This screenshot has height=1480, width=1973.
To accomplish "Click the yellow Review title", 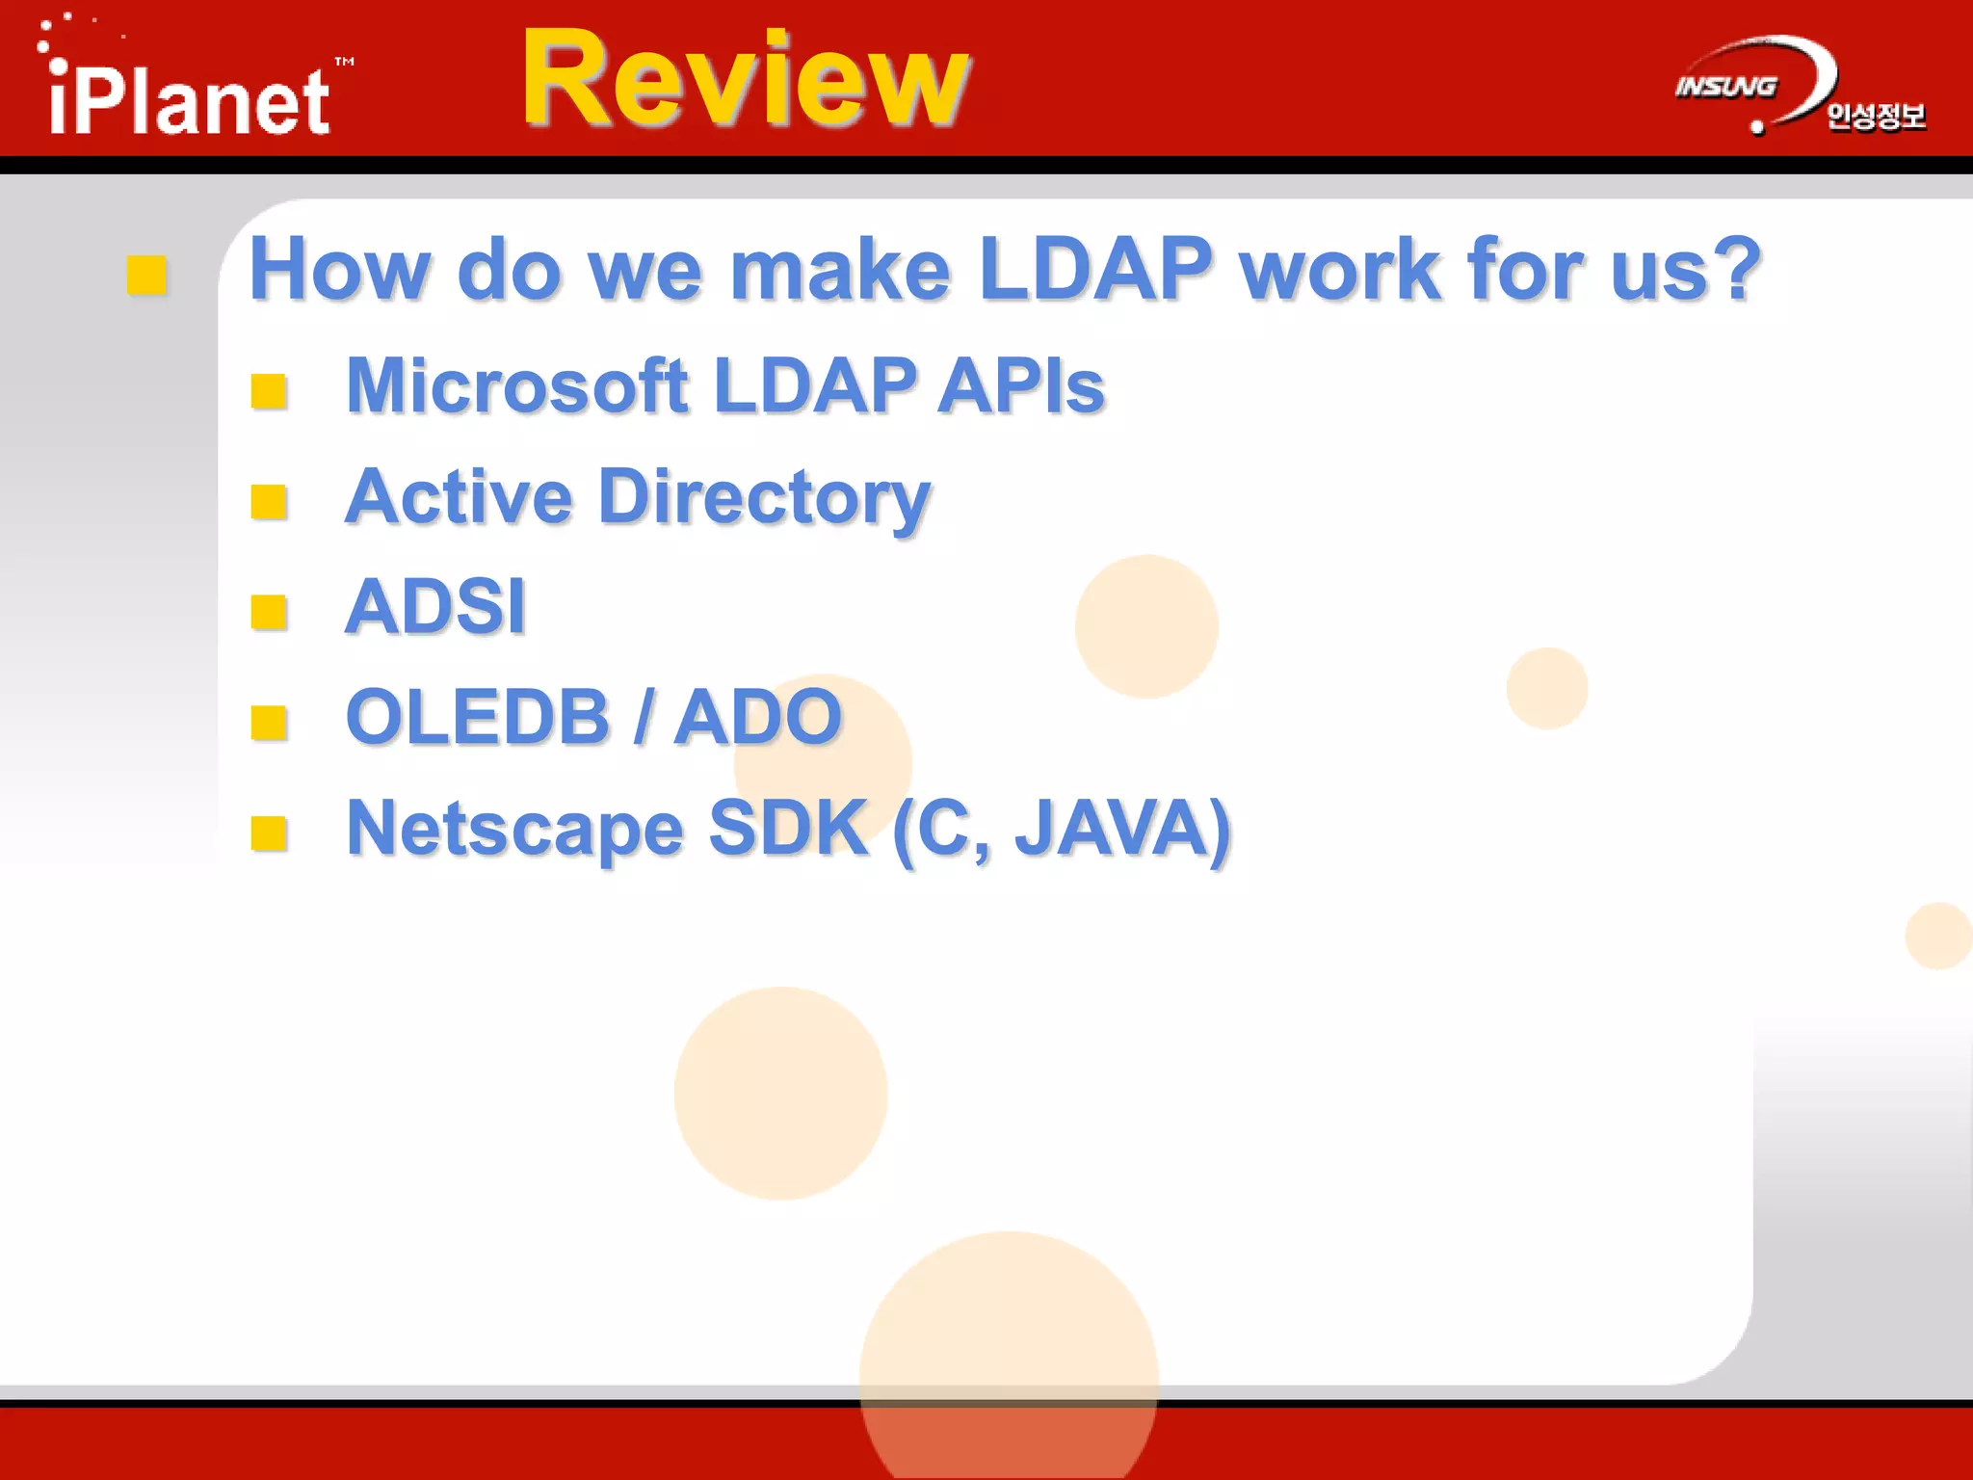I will [746, 79].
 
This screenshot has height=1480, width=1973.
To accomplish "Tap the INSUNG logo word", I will [1725, 87].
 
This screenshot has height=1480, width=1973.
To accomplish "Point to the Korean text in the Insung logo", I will [1876, 117].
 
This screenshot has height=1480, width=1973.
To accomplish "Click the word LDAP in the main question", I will [1094, 270].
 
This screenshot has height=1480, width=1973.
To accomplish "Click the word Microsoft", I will [516, 386].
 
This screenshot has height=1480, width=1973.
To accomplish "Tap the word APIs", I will [1020, 386].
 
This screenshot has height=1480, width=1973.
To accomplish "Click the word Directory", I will [764, 498].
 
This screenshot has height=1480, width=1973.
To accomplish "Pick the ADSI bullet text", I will [435, 607].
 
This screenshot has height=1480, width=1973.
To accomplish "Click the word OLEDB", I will [478, 718].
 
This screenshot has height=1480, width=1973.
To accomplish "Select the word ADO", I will [758, 718].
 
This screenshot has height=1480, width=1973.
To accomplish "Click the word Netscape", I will [514, 829].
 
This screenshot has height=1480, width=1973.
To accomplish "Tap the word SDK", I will [787, 829].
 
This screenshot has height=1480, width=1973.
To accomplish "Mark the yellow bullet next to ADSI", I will [269, 612].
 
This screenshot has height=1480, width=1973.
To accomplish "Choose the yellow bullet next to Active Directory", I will [269, 501].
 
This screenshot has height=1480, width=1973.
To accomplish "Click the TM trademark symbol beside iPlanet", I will [344, 62].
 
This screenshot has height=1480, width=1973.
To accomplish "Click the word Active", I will [459, 498].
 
